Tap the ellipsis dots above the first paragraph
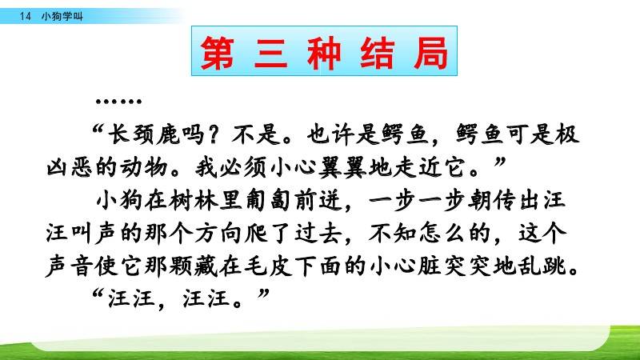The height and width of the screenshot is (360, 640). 118,102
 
